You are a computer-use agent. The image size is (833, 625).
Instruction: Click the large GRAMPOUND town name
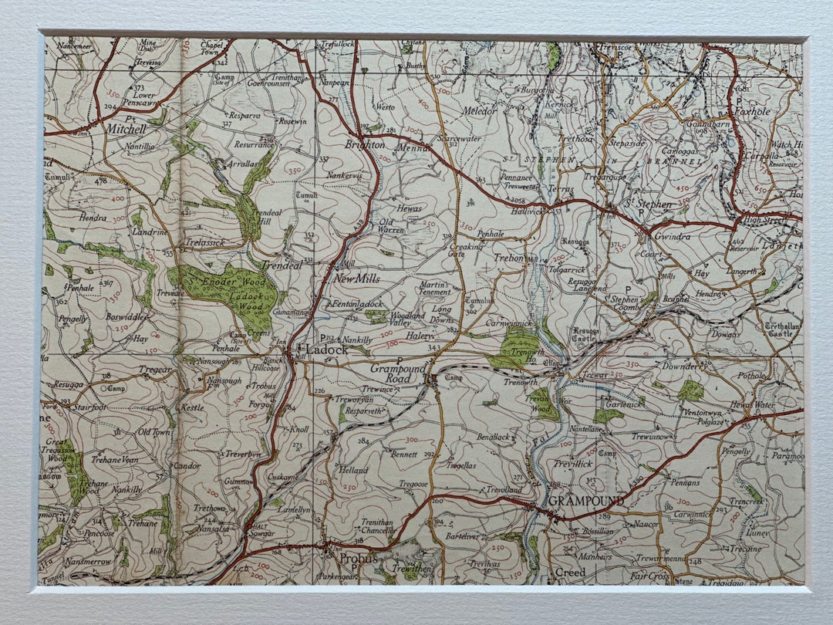coord(586,501)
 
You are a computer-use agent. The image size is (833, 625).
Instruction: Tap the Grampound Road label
coord(400,373)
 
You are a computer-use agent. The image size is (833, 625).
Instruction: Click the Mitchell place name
coord(126,129)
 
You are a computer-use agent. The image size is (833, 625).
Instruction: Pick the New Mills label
coord(357,279)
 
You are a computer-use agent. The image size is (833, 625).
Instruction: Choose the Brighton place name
coord(365,144)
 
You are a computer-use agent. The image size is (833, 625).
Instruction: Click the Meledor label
coord(479,111)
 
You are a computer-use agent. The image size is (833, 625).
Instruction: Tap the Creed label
coord(571,572)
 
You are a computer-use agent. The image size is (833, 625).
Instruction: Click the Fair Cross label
coord(649,576)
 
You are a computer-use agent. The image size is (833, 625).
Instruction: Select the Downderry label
coord(685,367)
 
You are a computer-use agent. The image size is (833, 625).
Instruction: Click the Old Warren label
coord(391,226)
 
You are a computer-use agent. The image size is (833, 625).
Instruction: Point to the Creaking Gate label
coord(467,251)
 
